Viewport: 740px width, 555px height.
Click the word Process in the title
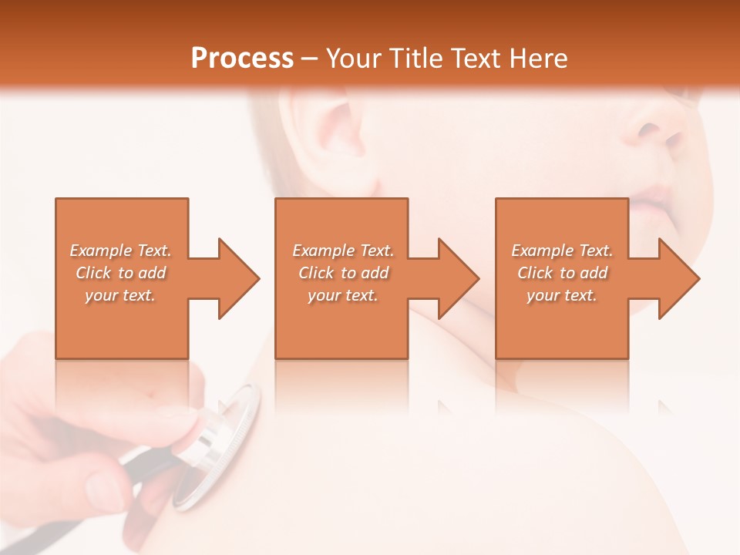tap(242, 59)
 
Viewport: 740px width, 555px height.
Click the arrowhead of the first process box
tap(239, 278)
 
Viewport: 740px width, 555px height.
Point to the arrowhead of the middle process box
tap(459, 278)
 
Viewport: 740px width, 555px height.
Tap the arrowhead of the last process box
tap(679, 278)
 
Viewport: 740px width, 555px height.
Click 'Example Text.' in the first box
tap(121, 251)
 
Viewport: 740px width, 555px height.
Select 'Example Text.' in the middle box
tap(343, 251)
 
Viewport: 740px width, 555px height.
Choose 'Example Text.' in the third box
tap(562, 251)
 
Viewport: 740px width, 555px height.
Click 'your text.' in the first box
tap(120, 295)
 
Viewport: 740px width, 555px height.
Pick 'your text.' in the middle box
tap(342, 295)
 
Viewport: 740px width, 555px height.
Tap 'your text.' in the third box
tap(561, 295)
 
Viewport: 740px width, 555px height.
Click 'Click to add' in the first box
tap(121, 273)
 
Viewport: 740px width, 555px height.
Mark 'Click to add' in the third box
tap(562, 273)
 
